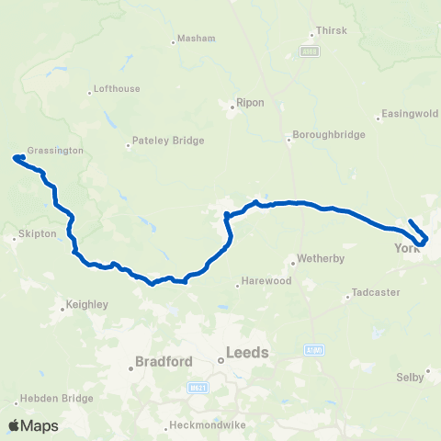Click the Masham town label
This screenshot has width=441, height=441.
[197, 39]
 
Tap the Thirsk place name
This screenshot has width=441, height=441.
[329, 30]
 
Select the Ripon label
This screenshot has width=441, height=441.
[251, 103]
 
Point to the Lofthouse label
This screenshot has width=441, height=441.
[117, 90]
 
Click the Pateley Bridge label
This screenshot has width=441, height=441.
[168, 141]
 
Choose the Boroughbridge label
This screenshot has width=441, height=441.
[328, 135]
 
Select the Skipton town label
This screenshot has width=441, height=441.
[40, 234]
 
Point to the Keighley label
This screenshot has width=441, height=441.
[88, 303]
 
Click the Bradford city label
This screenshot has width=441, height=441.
[163, 362]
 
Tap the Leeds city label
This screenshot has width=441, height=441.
[248, 352]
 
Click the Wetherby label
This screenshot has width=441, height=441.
[320, 259]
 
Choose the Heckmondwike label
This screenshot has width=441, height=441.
[209, 426]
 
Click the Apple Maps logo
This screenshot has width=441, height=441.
[34, 425]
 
